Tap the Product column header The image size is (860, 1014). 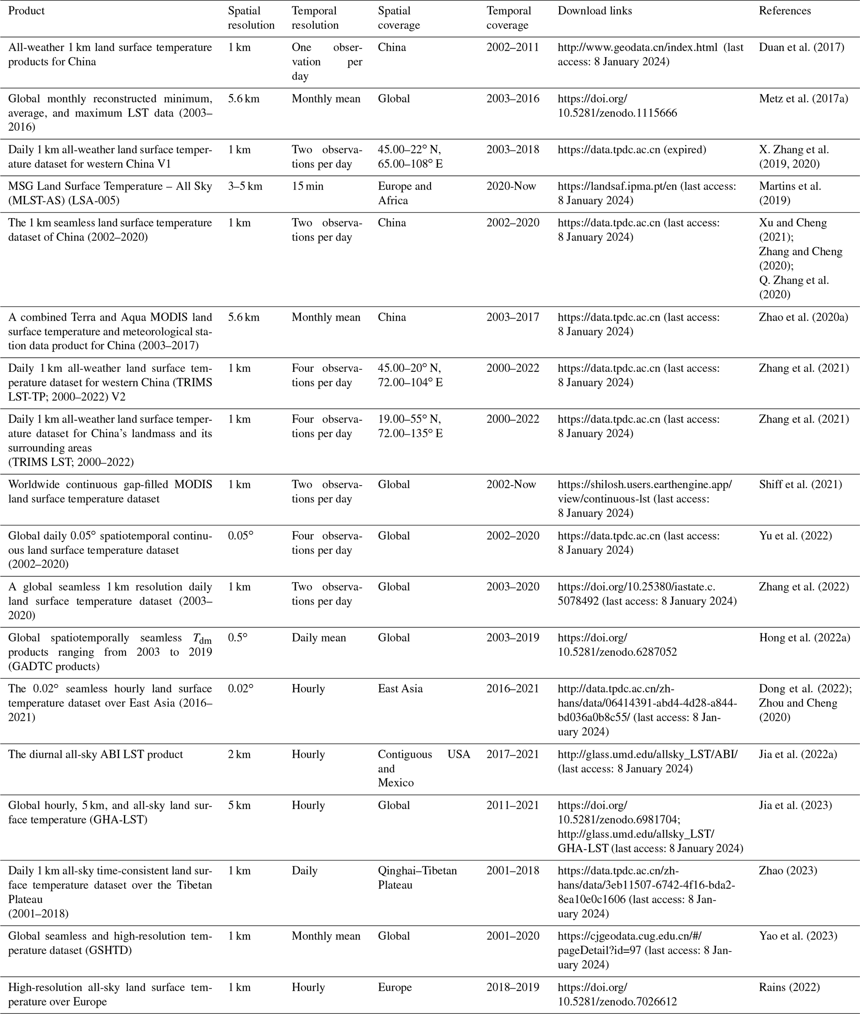[x=26, y=11]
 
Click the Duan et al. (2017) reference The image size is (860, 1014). [x=801, y=47]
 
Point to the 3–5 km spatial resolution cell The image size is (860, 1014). [x=245, y=186]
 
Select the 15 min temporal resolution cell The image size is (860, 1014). [x=307, y=186]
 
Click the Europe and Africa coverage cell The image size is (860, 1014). [x=405, y=193]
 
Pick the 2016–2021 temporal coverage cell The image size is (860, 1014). [x=513, y=688]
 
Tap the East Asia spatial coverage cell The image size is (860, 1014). [x=400, y=688]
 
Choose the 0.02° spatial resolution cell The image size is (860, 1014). [x=240, y=688]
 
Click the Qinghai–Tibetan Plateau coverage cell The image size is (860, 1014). [x=417, y=877]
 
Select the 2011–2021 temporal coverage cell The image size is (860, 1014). [x=513, y=805]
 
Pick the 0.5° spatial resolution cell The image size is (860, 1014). [x=238, y=638]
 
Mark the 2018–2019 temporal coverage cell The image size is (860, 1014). [x=513, y=987]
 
